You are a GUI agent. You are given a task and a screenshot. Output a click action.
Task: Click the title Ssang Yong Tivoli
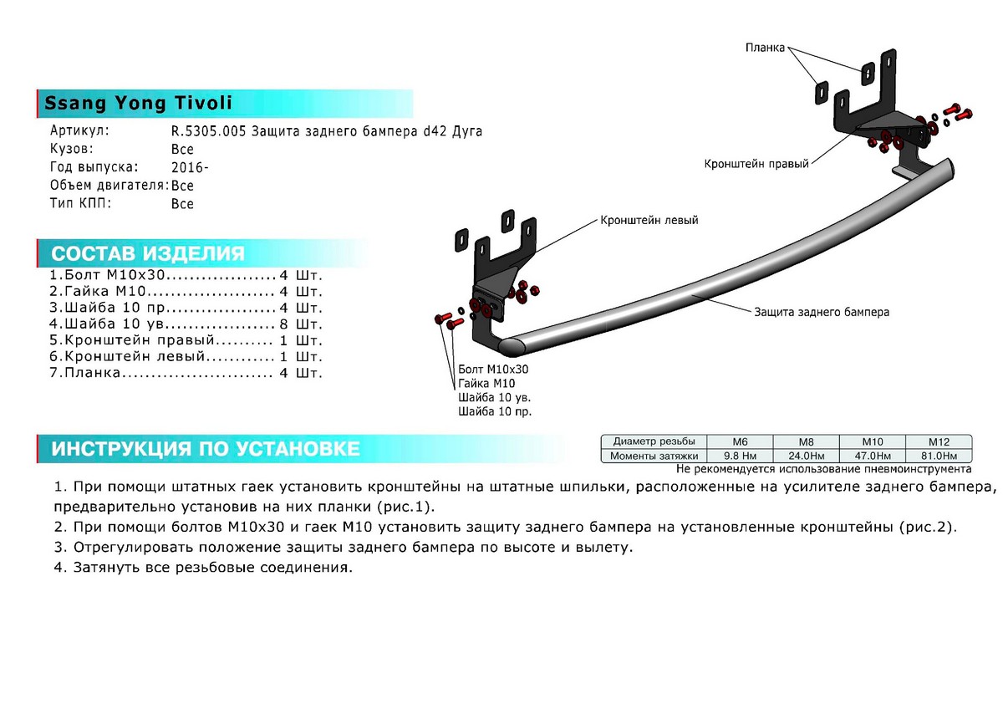click(x=138, y=104)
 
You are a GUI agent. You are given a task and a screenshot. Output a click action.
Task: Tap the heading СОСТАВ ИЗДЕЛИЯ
click(x=148, y=254)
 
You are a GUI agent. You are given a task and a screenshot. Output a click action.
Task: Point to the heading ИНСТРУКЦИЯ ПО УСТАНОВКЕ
click(x=206, y=449)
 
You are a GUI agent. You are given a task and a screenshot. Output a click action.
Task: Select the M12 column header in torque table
click(x=939, y=441)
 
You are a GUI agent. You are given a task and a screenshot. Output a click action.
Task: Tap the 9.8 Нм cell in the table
click(x=741, y=456)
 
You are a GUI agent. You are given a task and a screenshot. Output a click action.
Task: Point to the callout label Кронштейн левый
click(x=649, y=221)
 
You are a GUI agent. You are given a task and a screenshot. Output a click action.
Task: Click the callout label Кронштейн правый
click(x=756, y=165)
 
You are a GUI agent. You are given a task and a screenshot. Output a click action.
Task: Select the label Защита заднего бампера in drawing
click(x=822, y=312)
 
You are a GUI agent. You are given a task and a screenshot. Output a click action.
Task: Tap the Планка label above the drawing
click(x=765, y=48)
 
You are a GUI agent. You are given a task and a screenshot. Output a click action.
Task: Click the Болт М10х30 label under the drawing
click(x=493, y=369)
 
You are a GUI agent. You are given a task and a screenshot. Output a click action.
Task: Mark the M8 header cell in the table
click(x=807, y=441)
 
